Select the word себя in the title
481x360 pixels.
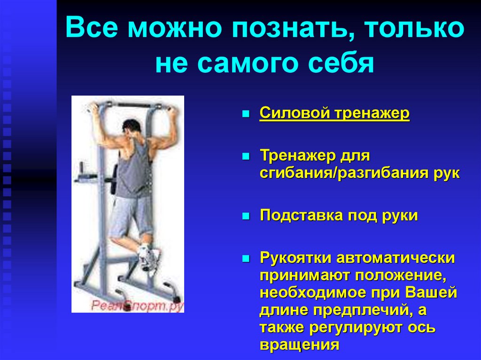click(344, 64)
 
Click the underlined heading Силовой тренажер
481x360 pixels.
click(334, 115)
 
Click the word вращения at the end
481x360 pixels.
click(299, 345)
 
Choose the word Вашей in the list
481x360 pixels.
click(433, 293)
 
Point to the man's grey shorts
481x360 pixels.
click(134, 214)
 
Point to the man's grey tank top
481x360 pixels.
click(133, 169)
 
